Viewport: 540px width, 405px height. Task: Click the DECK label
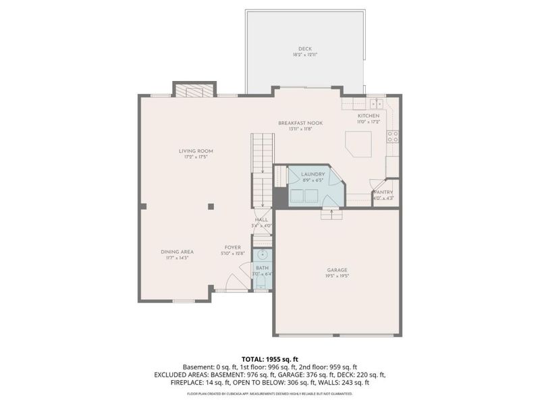point(306,49)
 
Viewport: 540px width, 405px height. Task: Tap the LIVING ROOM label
point(196,151)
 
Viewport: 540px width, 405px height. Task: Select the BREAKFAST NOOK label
point(300,123)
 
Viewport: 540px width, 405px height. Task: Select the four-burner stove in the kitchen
point(391,136)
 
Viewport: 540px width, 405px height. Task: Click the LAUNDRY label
point(313,175)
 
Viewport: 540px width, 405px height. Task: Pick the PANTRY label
point(383,192)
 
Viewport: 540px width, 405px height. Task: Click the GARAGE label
point(337,270)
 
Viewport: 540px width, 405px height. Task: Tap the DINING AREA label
point(177,252)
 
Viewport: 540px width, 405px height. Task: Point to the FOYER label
point(233,248)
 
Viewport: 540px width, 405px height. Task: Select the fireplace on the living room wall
point(194,90)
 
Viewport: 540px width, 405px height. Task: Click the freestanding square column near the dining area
point(211,206)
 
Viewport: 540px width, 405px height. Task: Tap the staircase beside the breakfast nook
point(262,169)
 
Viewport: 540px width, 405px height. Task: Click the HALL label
point(261,219)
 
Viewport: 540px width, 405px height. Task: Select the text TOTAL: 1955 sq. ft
point(270,359)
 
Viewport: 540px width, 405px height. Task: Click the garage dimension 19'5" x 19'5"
point(337,276)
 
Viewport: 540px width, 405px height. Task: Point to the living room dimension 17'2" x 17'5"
point(196,157)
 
